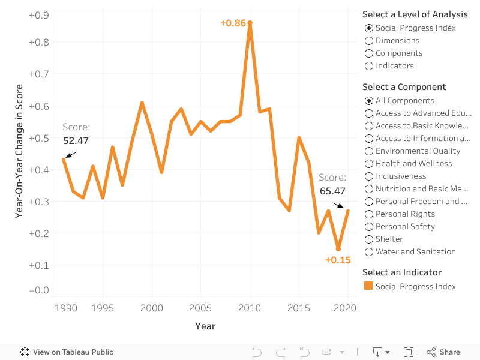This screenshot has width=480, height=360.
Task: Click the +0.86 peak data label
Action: point(233,23)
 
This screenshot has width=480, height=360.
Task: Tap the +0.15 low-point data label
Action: point(338,260)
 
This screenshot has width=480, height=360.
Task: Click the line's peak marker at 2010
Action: point(250,23)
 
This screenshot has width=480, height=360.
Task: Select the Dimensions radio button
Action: point(369,41)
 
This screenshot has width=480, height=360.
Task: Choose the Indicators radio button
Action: point(369,66)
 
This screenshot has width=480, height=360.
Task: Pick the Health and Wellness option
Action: point(369,164)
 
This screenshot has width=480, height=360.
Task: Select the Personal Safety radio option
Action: point(369,227)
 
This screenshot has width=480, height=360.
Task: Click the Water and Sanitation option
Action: point(369,252)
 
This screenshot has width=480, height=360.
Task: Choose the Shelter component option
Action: point(369,239)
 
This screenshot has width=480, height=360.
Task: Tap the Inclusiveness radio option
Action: point(369,176)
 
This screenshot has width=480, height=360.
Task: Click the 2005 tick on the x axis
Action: point(200,308)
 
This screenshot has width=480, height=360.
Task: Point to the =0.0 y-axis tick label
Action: point(39,290)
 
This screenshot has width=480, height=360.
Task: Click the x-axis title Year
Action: point(205,326)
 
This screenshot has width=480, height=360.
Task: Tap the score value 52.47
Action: point(76,140)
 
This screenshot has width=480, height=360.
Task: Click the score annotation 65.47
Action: point(332,191)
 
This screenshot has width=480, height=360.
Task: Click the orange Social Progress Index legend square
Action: point(368,286)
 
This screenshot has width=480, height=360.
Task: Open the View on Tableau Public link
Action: point(67,352)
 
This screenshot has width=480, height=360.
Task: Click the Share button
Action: point(443,352)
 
